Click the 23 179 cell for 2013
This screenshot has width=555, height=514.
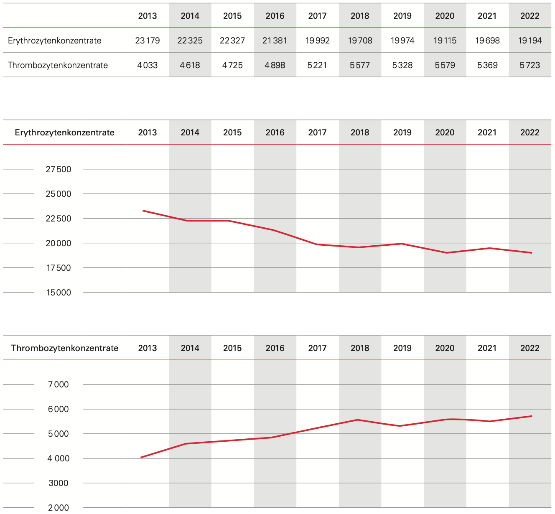coord(147,41)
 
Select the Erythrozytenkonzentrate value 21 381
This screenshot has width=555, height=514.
coord(275,41)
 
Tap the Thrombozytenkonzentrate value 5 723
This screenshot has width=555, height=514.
coord(530,65)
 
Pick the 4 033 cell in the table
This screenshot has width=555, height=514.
coord(147,65)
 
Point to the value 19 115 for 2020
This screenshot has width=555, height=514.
coord(445,41)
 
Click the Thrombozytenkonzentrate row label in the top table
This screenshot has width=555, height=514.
coord(58,65)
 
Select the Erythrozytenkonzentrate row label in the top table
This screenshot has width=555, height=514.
coord(54,41)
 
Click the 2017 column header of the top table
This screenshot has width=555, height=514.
coord(317,16)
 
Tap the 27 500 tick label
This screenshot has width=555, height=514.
coord(59,169)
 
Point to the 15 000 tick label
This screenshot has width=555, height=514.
coord(59,293)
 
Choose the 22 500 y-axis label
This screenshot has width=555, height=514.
coord(59,219)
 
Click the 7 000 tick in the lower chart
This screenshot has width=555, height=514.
coord(59,384)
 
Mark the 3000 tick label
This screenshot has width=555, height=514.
coord(59,483)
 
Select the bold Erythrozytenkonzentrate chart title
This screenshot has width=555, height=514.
coord(64,132)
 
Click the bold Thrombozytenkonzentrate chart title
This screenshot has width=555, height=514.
coord(64,348)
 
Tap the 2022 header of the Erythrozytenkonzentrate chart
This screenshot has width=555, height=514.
coord(530,132)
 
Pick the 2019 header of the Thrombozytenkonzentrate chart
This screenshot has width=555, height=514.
coord(402,348)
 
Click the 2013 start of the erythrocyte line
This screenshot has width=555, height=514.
coord(143,211)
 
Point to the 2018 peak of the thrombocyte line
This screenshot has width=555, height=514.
coord(358,420)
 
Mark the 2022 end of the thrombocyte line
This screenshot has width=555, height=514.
coord(531,416)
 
